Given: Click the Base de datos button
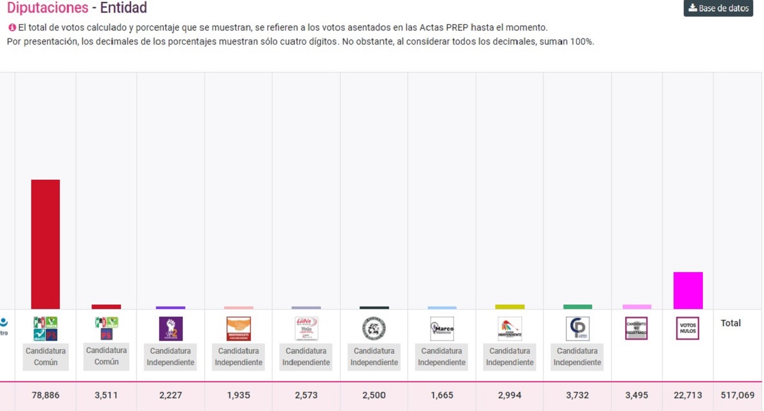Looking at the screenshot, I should tap(718, 8).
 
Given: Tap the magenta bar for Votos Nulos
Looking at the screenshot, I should tap(688, 291).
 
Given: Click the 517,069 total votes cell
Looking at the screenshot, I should tap(737, 395).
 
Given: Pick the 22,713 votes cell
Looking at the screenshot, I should tap(688, 395).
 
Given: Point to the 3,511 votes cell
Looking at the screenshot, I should tap(106, 395).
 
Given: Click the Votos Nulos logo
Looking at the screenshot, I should tap(688, 328).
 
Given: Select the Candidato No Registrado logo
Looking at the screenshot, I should tap(637, 328).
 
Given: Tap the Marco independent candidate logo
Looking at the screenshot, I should tap(442, 329).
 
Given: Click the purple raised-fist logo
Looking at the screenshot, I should tap(171, 329).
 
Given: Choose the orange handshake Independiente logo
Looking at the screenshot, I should tap(238, 329).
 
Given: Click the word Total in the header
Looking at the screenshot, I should tap(730, 323).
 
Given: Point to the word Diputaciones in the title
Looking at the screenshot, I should tap(48, 8).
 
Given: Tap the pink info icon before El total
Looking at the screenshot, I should tap(11, 28).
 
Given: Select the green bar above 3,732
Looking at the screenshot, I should tap(577, 306).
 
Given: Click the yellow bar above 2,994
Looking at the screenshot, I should tap(509, 306).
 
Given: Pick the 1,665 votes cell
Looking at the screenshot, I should tap(442, 395).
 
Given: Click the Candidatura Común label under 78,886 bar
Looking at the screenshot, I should tap(46, 356).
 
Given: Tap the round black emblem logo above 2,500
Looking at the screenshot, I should tap(374, 329).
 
